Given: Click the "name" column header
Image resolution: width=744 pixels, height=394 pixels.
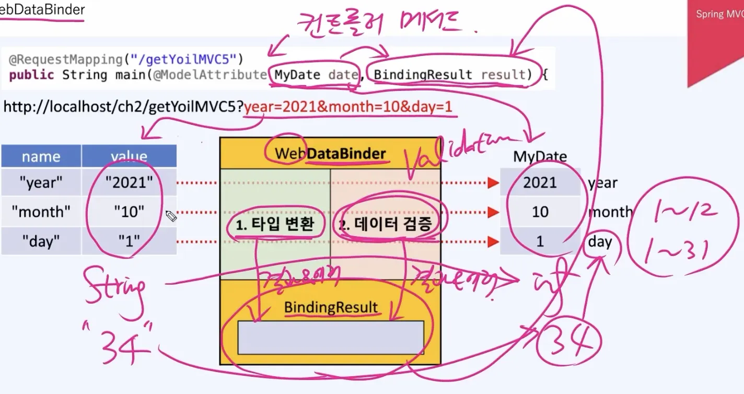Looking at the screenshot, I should pyautogui.click(x=41, y=157).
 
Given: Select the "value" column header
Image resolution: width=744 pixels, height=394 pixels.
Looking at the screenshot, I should pyautogui.click(x=129, y=157).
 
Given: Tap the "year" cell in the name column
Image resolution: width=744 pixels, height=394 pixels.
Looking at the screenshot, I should pyautogui.click(x=41, y=183).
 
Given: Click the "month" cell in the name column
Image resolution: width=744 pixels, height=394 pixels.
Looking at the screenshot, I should pyautogui.click(x=41, y=212).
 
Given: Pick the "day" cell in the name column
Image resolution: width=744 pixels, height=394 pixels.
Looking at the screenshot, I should pyautogui.click(x=41, y=241).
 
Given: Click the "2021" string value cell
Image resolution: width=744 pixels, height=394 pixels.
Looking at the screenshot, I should pyautogui.click(x=129, y=183).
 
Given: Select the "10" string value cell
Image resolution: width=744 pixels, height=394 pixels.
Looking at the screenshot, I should pyautogui.click(x=129, y=212).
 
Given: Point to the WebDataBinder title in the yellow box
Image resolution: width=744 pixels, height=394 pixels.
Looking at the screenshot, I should pyautogui.click(x=330, y=154).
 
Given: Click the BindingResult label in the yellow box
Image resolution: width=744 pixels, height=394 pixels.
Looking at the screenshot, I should pyautogui.click(x=331, y=307).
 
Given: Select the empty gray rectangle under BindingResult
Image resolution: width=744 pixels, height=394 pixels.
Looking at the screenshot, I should pyautogui.click(x=330, y=338).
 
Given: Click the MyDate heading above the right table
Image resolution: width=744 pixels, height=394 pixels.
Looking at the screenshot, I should pyautogui.click(x=540, y=157).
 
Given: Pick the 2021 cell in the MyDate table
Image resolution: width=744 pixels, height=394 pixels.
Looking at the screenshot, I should pyautogui.click(x=540, y=183).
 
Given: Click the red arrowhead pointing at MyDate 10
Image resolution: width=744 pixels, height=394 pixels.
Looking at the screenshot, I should pyautogui.click(x=493, y=212).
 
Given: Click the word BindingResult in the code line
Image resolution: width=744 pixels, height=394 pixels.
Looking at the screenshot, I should pyautogui.click(x=423, y=75).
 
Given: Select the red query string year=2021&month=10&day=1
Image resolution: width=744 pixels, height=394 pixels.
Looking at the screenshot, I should pyautogui.click(x=347, y=107).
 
